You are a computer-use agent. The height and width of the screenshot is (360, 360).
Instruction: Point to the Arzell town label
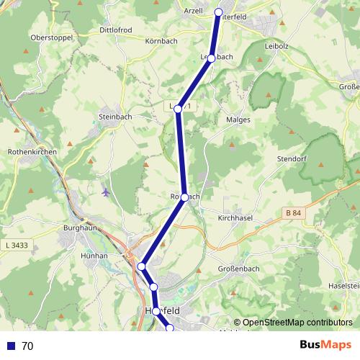coord(193,11)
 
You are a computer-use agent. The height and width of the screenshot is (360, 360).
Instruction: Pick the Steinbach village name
coord(114,114)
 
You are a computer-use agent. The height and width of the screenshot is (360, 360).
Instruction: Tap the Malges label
coord(238,120)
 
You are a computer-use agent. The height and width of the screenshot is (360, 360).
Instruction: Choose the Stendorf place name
coord(292,158)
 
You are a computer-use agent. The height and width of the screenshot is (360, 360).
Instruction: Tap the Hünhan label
coord(95,256)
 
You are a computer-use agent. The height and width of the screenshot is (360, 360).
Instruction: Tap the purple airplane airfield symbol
coord(107,192)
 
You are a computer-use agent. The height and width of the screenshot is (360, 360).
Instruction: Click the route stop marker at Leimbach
coord(211,58)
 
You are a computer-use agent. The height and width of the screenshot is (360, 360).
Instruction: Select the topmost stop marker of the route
coord(219,12)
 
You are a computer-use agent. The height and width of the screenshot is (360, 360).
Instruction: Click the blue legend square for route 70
coord(11,346)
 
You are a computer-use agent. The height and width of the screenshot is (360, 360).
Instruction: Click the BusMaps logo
coord(325,345)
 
